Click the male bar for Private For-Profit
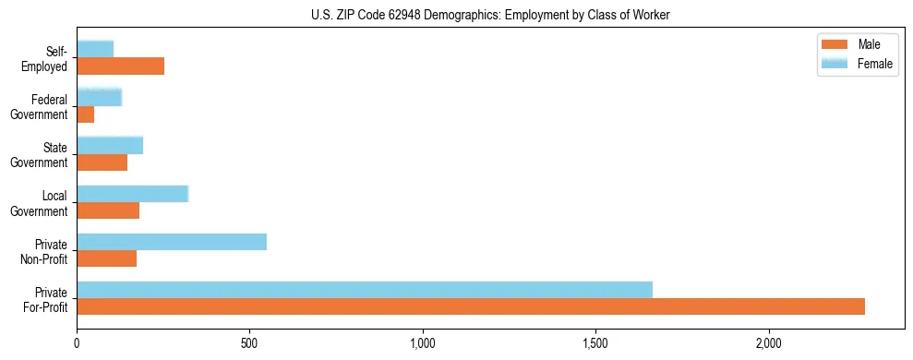click(471, 306)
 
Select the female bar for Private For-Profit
click(365, 290)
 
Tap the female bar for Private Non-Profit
click(172, 242)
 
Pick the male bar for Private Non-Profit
click(107, 258)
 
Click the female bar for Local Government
click(133, 194)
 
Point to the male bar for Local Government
click(108, 210)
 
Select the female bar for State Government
click(110, 145)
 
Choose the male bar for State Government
click(102, 162)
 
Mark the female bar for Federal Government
click(100, 97)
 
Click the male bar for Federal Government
click(86, 114)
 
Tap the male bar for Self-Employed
click(121, 66)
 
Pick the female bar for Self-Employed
click(95, 49)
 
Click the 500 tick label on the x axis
click(249, 342)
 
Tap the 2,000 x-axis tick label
click(768, 342)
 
